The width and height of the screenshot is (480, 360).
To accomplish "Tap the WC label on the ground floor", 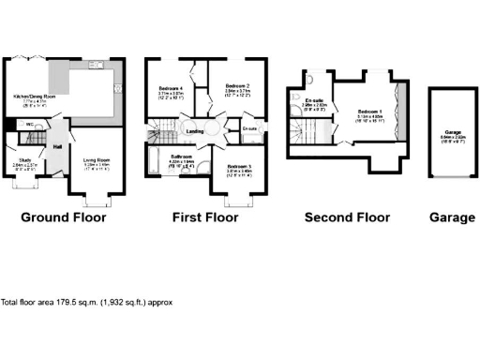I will (x=30, y=124).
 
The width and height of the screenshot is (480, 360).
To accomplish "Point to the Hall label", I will (x=57, y=146).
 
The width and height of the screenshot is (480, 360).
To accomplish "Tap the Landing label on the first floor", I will (x=195, y=131).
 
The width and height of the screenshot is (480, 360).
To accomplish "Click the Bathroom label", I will (x=181, y=156).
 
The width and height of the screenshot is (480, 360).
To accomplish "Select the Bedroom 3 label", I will (x=239, y=167).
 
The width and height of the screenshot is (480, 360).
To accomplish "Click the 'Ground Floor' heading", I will (x=64, y=217).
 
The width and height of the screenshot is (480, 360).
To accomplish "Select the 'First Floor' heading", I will (x=204, y=217).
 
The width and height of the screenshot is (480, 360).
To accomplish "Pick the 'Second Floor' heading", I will (x=347, y=217).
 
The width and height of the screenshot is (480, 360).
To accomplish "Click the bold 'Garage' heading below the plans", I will (x=452, y=217).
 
